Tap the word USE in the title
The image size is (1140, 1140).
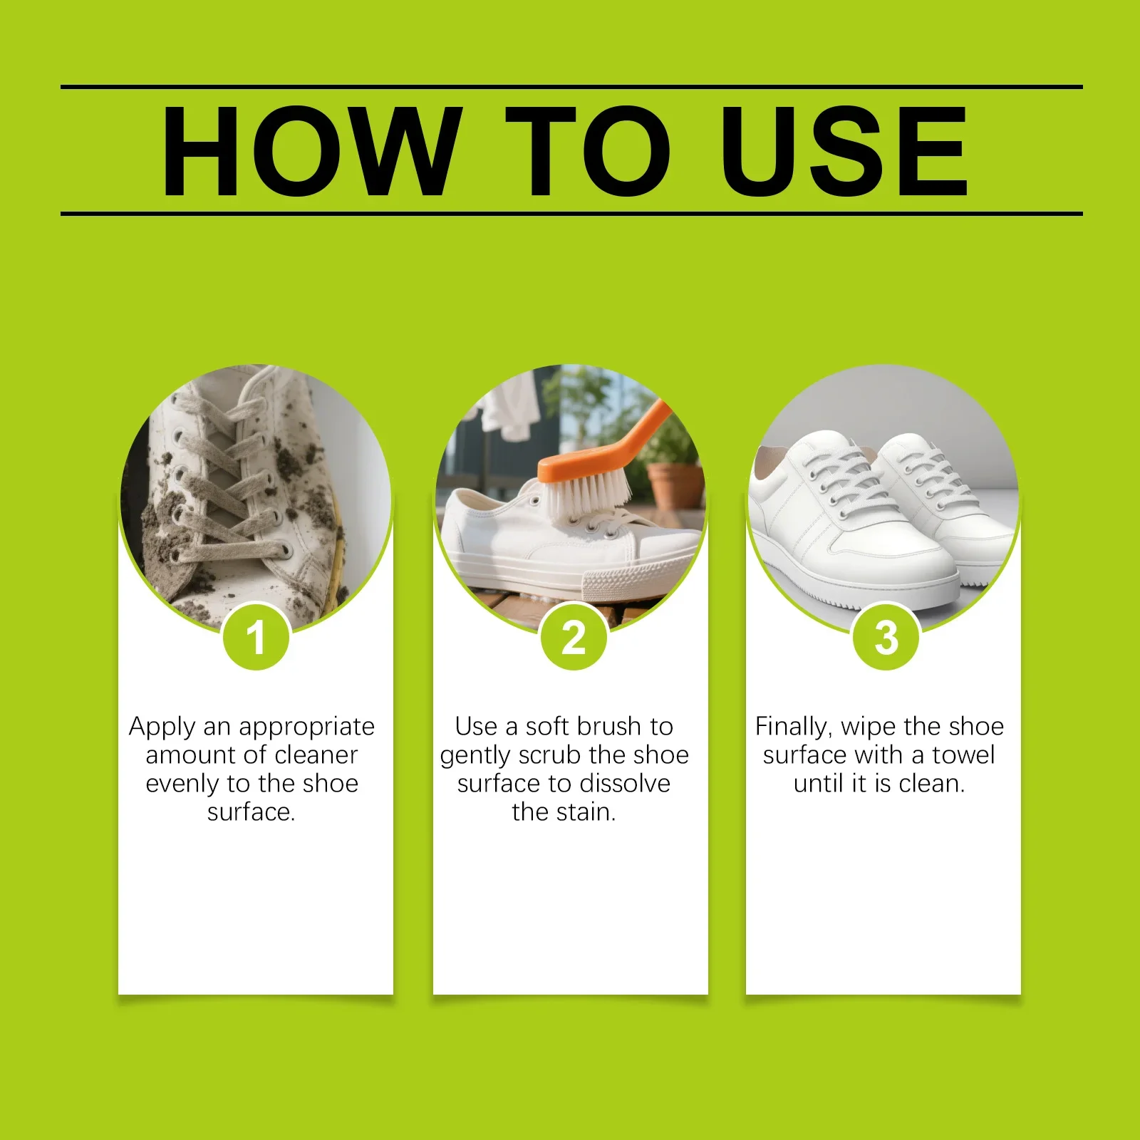point(845,150)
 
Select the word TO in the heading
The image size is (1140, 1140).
point(589,150)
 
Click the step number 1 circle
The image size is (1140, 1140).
point(256,636)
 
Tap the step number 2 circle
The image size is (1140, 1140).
point(574,636)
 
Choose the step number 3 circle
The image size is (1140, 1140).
point(886,636)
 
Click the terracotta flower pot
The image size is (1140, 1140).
point(674,484)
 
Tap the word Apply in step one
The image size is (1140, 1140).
point(162,727)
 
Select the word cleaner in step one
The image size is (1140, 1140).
point(316,755)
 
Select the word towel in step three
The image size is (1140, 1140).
point(963,755)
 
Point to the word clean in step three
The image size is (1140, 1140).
point(931,783)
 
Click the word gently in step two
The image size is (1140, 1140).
point(476,756)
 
